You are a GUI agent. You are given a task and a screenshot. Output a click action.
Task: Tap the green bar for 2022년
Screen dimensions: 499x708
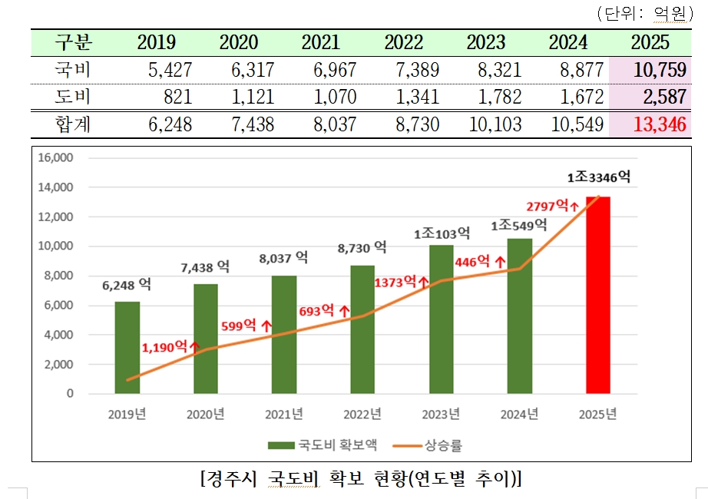tap(362, 330)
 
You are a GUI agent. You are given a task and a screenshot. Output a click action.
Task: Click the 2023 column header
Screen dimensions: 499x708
tap(485, 42)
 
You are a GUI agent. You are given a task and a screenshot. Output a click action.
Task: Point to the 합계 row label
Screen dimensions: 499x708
tap(73, 124)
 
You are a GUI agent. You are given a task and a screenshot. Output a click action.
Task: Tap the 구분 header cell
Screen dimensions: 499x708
tap(73, 42)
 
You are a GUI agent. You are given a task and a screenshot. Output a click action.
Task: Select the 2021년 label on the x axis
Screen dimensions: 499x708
tap(284, 415)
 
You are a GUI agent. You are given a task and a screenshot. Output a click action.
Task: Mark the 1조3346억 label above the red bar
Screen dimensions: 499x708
tap(598, 177)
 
